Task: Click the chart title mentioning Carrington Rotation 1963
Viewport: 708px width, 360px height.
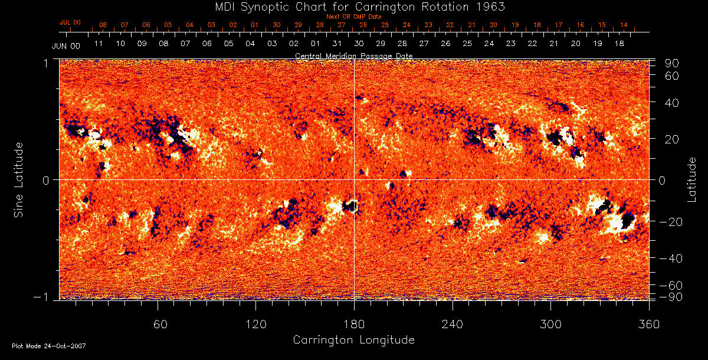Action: click(x=353, y=6)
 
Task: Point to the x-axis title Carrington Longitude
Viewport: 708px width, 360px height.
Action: click(x=353, y=340)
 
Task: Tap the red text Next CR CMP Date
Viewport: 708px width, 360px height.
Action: click(x=354, y=17)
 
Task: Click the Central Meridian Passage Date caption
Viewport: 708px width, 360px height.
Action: click(x=353, y=55)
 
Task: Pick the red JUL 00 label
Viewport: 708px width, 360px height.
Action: click(x=70, y=22)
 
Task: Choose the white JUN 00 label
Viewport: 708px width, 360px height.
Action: click(x=66, y=45)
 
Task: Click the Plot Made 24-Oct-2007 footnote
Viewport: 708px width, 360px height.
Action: click(x=49, y=345)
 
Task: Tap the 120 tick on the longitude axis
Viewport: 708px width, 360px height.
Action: click(x=255, y=324)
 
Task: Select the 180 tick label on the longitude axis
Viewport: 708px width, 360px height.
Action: click(x=354, y=324)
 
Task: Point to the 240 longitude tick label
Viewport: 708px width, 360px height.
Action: click(x=453, y=324)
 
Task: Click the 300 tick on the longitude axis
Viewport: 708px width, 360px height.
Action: click(x=550, y=324)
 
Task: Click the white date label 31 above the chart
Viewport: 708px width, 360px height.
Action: click(x=337, y=44)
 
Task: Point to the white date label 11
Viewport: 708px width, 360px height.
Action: click(x=99, y=44)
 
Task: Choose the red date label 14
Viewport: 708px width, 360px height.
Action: click(x=623, y=25)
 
